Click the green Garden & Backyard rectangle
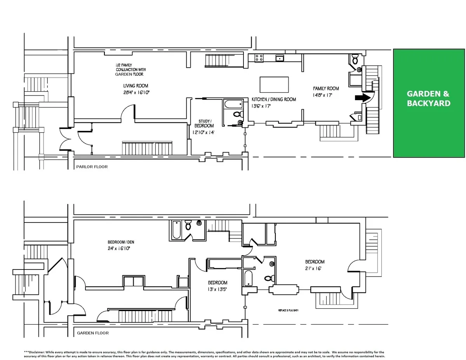pos(429,103)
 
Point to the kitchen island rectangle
pos(274,84)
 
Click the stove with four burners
pos(259,58)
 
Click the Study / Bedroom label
pos(204,123)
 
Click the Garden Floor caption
pos(93,333)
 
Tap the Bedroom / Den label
pos(121,242)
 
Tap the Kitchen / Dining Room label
pos(273,99)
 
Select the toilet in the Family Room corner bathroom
pos(354,59)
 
